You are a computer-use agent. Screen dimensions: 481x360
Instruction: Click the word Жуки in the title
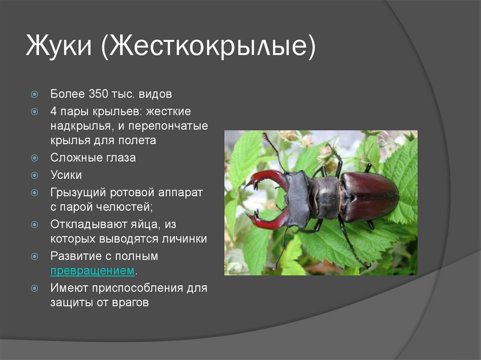click(x=59, y=46)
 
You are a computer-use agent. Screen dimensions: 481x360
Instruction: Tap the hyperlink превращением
click(x=93, y=271)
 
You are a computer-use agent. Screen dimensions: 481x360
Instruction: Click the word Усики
click(x=66, y=175)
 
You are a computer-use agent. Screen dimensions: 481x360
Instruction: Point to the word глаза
click(x=121, y=158)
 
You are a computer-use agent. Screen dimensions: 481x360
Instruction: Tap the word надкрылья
click(x=80, y=126)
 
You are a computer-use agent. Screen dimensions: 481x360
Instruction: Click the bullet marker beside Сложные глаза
click(x=35, y=158)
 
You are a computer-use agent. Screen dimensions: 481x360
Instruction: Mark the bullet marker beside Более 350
click(x=35, y=94)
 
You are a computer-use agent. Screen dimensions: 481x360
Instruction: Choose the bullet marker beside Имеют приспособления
click(x=35, y=288)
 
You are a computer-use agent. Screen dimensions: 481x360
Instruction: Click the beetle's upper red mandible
click(x=267, y=178)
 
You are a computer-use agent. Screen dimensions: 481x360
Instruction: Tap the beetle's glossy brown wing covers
click(x=370, y=196)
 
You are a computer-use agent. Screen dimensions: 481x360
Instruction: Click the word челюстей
click(x=124, y=207)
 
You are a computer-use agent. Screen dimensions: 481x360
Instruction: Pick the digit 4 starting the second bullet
click(x=54, y=111)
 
